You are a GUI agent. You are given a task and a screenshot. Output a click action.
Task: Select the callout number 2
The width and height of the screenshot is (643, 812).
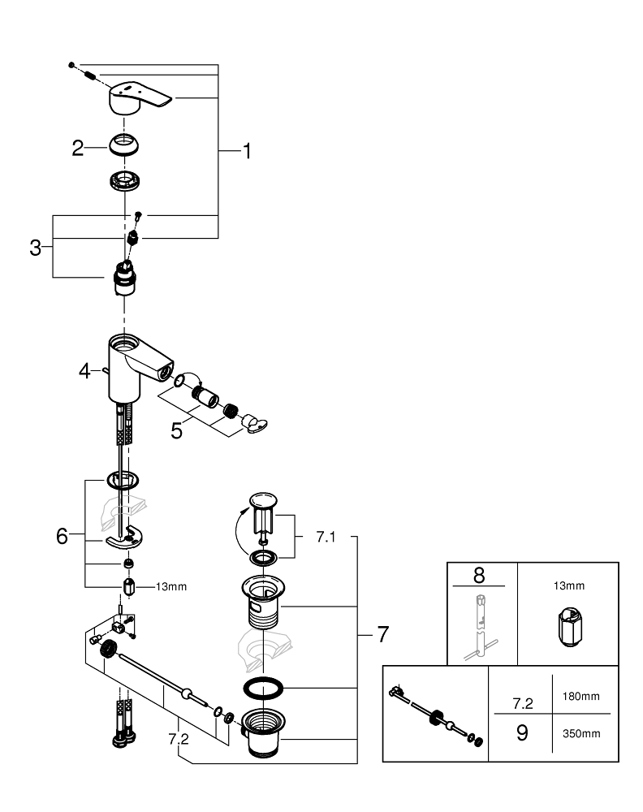[78, 148]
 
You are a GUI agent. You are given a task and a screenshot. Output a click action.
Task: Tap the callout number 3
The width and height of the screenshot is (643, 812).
[35, 248]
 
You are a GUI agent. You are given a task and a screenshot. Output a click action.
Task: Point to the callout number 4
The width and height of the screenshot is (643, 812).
[84, 371]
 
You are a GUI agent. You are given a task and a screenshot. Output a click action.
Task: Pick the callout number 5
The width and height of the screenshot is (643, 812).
[176, 430]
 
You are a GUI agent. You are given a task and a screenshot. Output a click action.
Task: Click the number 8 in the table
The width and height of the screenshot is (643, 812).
[478, 575]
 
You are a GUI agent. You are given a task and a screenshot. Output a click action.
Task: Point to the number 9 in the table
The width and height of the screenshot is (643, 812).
[522, 732]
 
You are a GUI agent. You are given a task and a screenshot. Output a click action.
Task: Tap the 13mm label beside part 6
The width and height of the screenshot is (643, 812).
[171, 586]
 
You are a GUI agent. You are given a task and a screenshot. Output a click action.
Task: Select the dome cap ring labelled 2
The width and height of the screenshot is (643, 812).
[124, 147]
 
